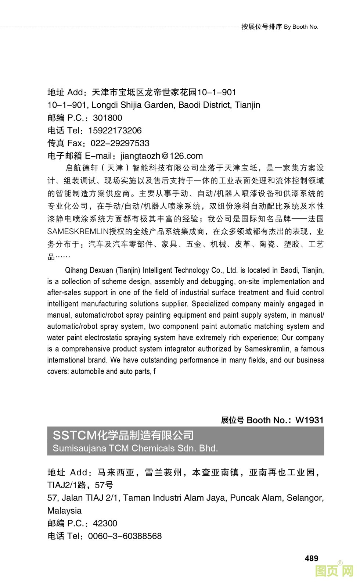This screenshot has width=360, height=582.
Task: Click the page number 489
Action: [x=311, y=558]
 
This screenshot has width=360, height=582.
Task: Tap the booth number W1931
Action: [x=309, y=420]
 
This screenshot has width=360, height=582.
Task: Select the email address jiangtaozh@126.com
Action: [x=162, y=156]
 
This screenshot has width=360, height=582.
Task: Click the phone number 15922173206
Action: [x=115, y=131]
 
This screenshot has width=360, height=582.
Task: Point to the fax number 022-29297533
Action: [x=120, y=143]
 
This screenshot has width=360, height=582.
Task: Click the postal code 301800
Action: [x=107, y=118]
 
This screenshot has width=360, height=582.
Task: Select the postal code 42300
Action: [x=105, y=523]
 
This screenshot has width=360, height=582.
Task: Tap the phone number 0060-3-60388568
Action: [x=125, y=536]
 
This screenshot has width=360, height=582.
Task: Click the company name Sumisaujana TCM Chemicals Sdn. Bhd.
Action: [x=135, y=448]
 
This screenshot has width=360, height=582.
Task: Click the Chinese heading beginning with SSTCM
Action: [x=123, y=435]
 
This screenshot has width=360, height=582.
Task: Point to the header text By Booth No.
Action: [x=301, y=27]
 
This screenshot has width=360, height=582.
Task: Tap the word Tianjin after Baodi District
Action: [x=247, y=105]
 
